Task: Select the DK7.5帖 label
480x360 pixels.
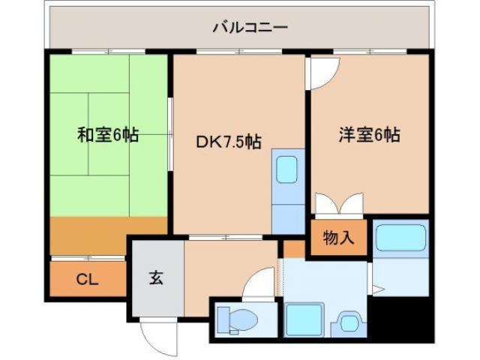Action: tap(229, 142)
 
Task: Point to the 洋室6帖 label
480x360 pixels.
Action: tap(368, 135)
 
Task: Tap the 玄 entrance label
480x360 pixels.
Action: tap(155, 277)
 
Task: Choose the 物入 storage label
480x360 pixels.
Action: tap(338, 239)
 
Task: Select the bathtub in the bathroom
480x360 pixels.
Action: tap(400, 238)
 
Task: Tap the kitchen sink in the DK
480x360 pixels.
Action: tap(286, 170)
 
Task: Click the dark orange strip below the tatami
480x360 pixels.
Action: tap(109, 235)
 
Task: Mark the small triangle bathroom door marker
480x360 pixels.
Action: tap(379, 288)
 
